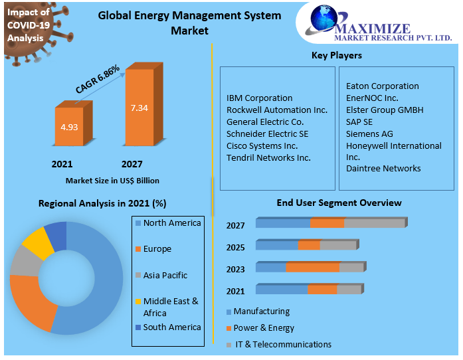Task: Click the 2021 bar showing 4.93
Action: pyautogui.click(x=68, y=127)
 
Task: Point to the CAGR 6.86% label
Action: pyautogui.click(x=98, y=79)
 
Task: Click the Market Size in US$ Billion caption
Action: pyautogui.click(x=112, y=180)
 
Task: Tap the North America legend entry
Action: pyautogui.click(x=171, y=223)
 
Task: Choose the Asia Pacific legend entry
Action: pyautogui.click(x=165, y=275)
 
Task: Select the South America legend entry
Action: pyautogui.click(x=171, y=327)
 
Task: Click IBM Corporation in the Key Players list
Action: pyautogui.click(x=259, y=98)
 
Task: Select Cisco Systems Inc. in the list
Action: pyautogui.click(x=262, y=145)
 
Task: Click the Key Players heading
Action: pyautogui.click(x=337, y=55)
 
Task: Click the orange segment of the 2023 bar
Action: pyautogui.click(x=312, y=268)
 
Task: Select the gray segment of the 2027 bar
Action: pyautogui.click(x=374, y=223)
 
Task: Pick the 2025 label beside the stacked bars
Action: pyautogui.click(x=235, y=247)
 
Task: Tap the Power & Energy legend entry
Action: pyautogui.click(x=263, y=327)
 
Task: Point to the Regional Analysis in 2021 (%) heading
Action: pyautogui.click(x=102, y=203)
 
